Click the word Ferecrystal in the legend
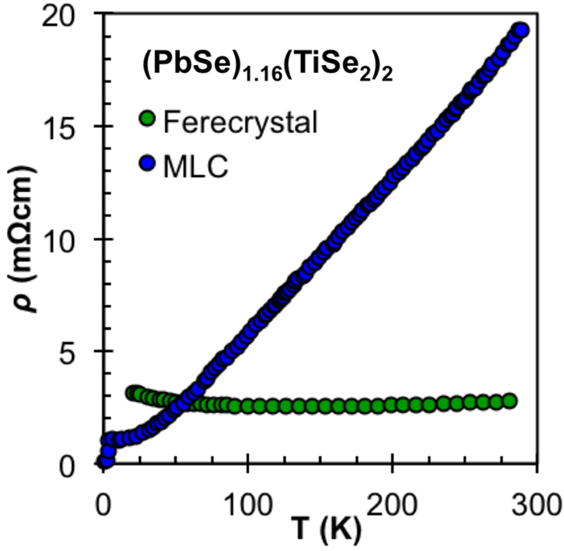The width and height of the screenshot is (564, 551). pyautogui.click(x=241, y=122)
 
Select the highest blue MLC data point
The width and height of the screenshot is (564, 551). pyautogui.click(x=520, y=30)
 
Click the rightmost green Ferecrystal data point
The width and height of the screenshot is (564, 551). pyautogui.click(x=509, y=401)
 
